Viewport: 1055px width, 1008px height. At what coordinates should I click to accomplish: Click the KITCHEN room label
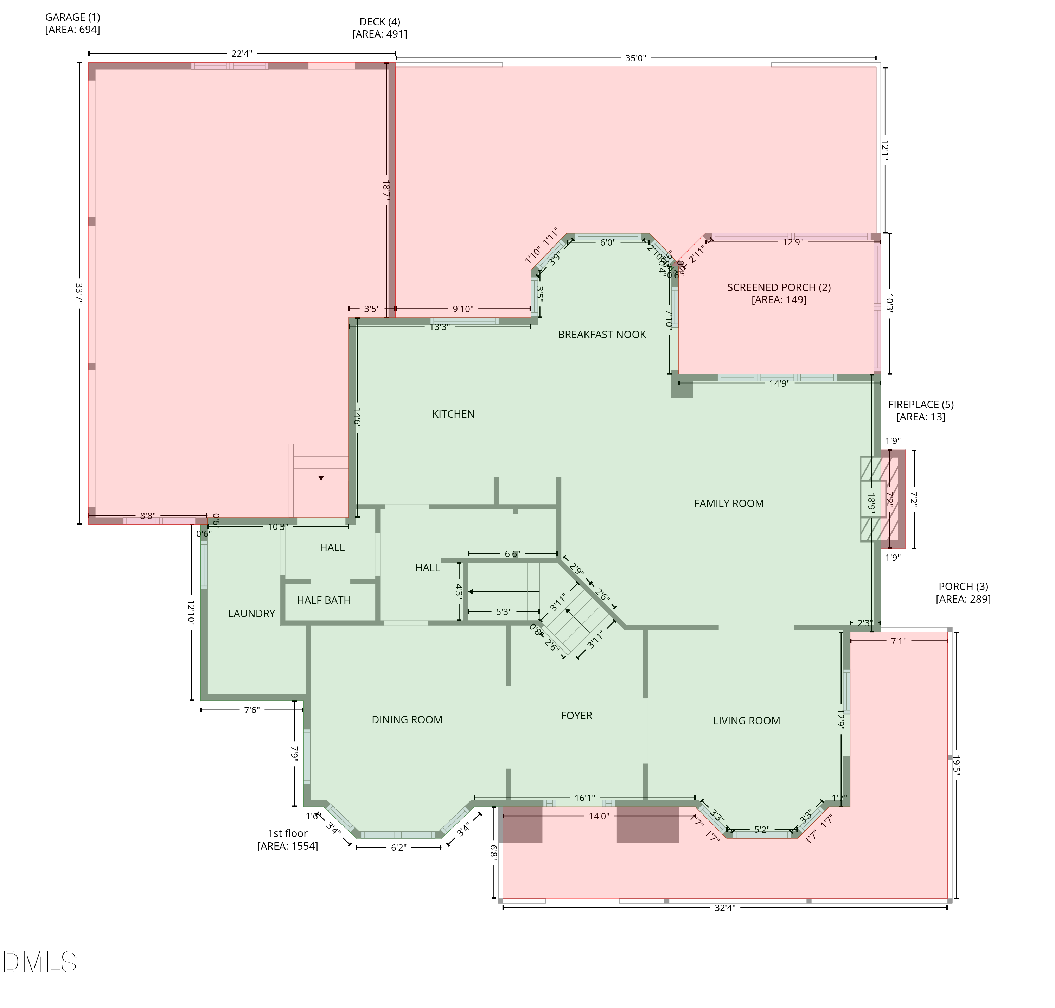tap(453, 414)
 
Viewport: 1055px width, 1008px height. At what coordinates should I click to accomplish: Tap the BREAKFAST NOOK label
tap(602, 334)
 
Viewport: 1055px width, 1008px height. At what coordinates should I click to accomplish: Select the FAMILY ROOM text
tap(728, 503)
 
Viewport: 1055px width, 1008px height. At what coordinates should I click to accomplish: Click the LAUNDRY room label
tap(251, 613)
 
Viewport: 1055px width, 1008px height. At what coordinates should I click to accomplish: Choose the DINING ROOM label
tap(407, 719)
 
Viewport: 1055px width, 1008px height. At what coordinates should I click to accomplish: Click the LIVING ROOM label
tap(746, 721)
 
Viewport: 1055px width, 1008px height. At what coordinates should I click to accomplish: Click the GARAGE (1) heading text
tap(72, 17)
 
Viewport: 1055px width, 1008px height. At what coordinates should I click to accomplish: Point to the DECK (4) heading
tap(379, 21)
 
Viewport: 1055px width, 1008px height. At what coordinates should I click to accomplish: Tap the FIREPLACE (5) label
tap(921, 404)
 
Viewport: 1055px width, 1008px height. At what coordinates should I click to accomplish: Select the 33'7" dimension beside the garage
tap(79, 294)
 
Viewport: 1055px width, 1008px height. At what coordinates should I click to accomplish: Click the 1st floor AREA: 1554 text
tap(287, 846)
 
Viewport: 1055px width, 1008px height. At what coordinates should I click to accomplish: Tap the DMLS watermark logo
tap(39, 962)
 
